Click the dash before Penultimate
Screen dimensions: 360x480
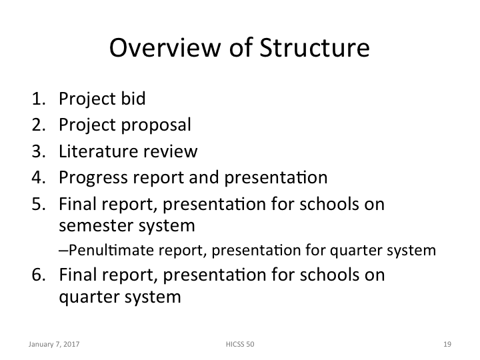pyautogui.click(x=63, y=251)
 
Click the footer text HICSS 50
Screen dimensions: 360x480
pyautogui.click(x=239, y=345)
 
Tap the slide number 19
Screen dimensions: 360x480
pyautogui.click(x=447, y=345)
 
